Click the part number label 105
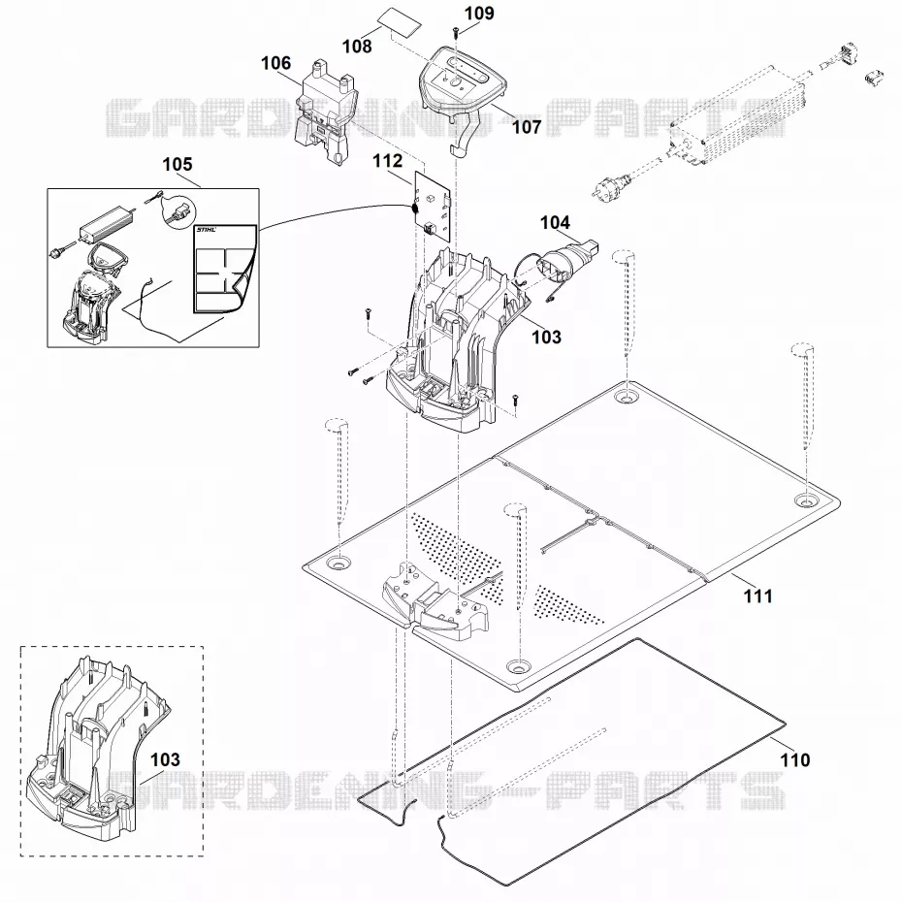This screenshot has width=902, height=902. [177, 164]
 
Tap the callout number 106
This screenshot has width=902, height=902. [276, 63]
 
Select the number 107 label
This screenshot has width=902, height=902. [527, 126]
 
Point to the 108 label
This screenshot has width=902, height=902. [357, 46]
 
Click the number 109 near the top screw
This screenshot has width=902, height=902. [479, 13]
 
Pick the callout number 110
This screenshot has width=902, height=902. [795, 760]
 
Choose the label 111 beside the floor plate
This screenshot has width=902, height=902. [758, 596]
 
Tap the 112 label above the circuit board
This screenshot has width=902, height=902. [388, 160]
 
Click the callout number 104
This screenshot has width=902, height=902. [555, 222]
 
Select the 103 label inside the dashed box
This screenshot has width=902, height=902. [165, 759]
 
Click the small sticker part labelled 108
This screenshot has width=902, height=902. [400, 23]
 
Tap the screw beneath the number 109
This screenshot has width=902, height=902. [455, 31]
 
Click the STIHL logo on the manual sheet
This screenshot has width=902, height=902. [207, 230]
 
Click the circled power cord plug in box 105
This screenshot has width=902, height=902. [177, 212]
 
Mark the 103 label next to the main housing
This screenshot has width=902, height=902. [546, 337]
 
